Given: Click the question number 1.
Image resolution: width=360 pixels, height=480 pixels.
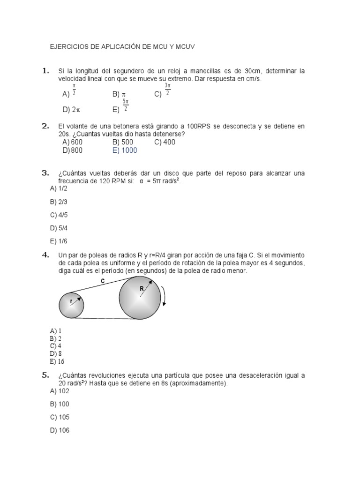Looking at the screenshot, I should [x=45, y=71].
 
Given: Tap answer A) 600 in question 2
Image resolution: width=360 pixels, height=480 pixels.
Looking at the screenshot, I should [x=72, y=142].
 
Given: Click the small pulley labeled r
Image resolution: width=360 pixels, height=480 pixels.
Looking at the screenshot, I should [x=71, y=305].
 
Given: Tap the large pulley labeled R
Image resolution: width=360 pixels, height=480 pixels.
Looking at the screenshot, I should [x=140, y=298].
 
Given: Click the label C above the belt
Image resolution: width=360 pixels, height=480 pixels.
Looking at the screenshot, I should [x=103, y=281].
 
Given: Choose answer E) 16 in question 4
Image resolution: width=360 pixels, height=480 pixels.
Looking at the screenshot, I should [x=57, y=361].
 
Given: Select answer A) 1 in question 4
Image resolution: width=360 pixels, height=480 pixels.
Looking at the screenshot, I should [x=56, y=331].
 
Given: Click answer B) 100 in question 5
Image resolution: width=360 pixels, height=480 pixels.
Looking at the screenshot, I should [x=60, y=404].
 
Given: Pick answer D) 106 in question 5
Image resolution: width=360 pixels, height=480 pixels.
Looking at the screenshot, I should [x=60, y=430].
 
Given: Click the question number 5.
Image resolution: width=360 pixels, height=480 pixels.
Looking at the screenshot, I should [x=45, y=375].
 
